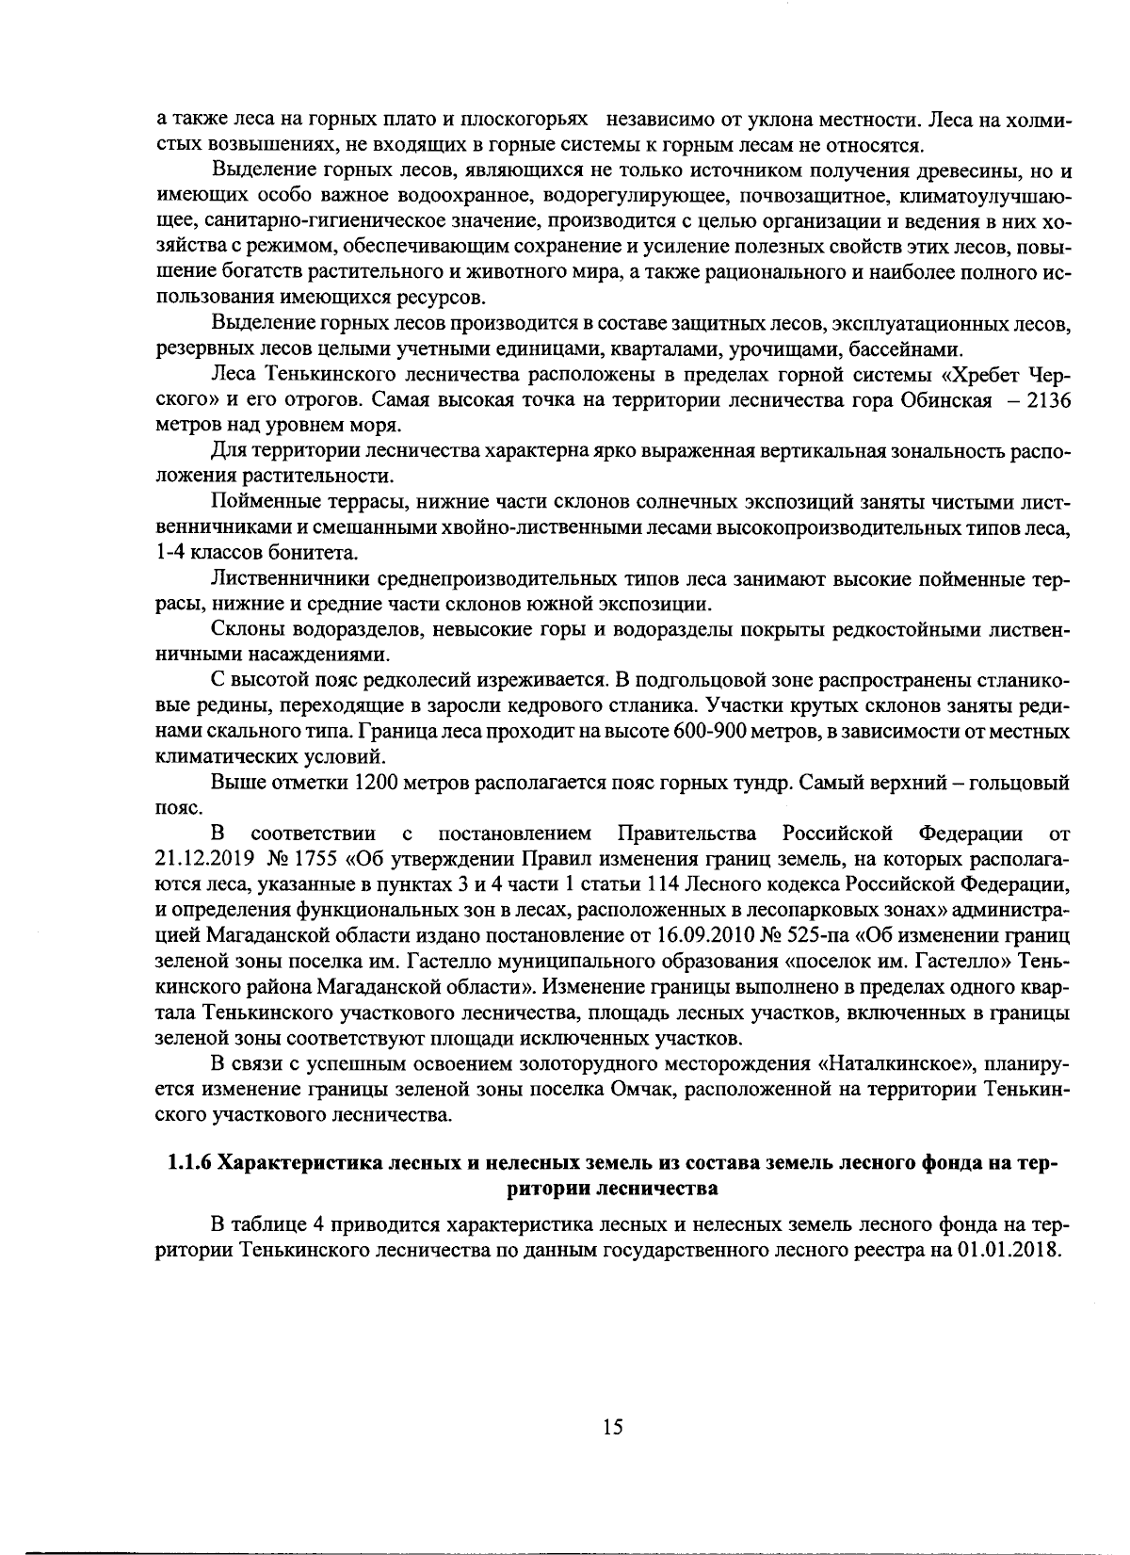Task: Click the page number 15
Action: click(612, 1428)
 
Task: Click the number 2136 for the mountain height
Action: click(1047, 400)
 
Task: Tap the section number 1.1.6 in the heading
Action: click(190, 1163)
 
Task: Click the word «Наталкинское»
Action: click(896, 1064)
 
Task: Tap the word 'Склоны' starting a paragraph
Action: click(242, 629)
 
